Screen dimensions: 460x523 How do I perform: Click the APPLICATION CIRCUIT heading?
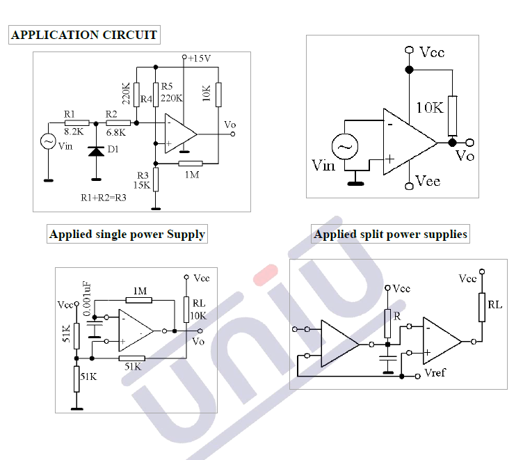(84, 35)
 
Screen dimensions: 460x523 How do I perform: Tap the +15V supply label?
(199, 58)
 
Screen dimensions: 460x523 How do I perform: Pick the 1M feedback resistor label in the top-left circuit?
(192, 175)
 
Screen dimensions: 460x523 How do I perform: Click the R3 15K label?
(143, 180)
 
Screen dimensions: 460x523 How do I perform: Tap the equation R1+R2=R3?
(104, 198)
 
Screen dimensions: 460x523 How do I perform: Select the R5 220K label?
(171, 93)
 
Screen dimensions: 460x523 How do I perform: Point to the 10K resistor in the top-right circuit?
(453, 116)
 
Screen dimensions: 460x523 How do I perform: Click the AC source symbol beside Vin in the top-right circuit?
(344, 148)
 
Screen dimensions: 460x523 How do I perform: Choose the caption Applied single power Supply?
(127, 235)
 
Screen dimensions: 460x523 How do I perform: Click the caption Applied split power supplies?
(390, 235)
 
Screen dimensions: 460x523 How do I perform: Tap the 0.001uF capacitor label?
(87, 299)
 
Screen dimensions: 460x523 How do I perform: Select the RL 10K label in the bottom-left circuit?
(198, 310)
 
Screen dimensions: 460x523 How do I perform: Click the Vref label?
(434, 373)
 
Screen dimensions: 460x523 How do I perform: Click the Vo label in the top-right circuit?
(465, 155)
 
